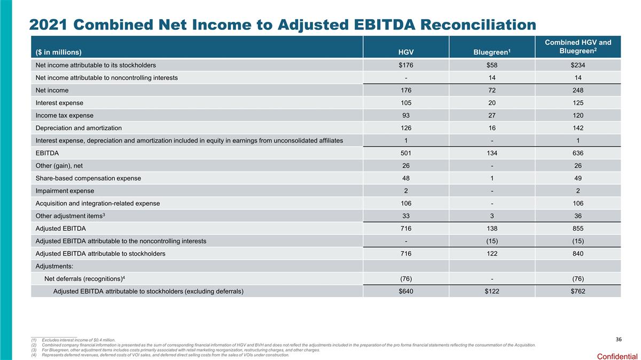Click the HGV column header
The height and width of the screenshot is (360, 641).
pos(406,52)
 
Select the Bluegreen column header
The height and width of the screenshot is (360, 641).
pos(491,52)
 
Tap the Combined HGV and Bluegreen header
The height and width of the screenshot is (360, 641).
pos(577,46)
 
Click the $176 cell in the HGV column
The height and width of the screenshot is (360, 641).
pos(406,65)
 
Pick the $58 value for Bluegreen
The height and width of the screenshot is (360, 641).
pos(492,65)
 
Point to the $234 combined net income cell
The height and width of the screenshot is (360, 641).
pos(577,65)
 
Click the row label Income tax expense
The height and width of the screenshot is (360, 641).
pos(64,115)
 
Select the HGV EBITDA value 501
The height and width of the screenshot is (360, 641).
pos(406,153)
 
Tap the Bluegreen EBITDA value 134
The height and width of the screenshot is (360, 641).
pos(492,153)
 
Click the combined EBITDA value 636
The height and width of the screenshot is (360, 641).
pos(577,153)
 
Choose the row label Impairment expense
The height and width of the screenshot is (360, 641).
pos(65,191)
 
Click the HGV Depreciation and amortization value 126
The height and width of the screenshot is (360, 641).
pos(406,128)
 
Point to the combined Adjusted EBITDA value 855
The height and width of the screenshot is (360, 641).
pos(577,229)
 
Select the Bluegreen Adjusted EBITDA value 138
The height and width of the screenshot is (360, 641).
pos(492,229)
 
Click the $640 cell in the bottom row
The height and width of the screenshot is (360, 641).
pos(406,291)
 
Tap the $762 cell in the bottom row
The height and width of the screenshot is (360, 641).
pos(577,291)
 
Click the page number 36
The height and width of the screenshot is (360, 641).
pos(619,339)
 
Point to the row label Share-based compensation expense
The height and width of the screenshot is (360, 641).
pos(88,178)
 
